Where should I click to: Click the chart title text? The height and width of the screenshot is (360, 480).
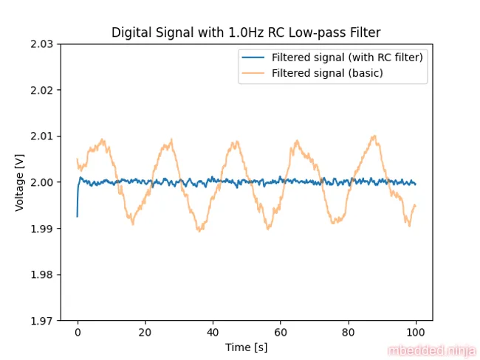(x=246, y=32)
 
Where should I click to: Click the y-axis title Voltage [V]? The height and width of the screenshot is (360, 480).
(x=20, y=182)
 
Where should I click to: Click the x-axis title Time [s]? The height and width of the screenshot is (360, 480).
(x=246, y=346)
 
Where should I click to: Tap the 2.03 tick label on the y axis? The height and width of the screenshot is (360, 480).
(x=41, y=44)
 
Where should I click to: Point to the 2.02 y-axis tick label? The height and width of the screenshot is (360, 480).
(x=41, y=90)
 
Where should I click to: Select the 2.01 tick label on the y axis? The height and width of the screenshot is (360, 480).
(x=41, y=136)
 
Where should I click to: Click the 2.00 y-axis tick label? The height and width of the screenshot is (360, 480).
(x=41, y=182)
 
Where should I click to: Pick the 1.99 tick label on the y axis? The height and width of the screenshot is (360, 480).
(x=41, y=229)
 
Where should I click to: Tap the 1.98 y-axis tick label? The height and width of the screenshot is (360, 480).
(x=41, y=274)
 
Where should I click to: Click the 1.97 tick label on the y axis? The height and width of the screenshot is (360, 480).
(x=41, y=321)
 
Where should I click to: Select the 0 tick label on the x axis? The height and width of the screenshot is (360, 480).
(x=78, y=332)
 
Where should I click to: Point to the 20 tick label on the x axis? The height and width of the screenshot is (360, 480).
(x=145, y=332)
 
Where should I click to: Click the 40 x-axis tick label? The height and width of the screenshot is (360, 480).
(x=213, y=332)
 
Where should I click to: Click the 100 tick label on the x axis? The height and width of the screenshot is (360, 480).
(x=416, y=332)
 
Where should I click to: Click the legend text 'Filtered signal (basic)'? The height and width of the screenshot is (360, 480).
(x=327, y=73)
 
